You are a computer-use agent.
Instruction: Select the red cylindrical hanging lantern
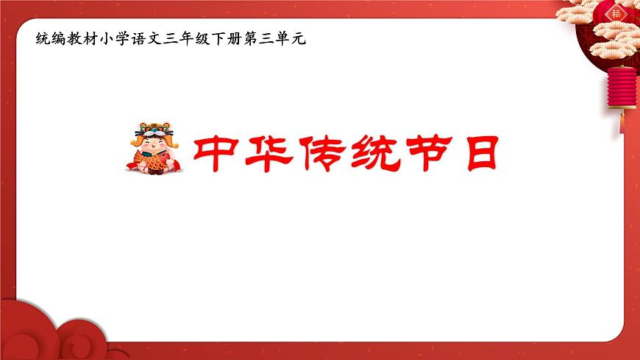click(622, 87)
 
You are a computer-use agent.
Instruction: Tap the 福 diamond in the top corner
click(616, 13)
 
